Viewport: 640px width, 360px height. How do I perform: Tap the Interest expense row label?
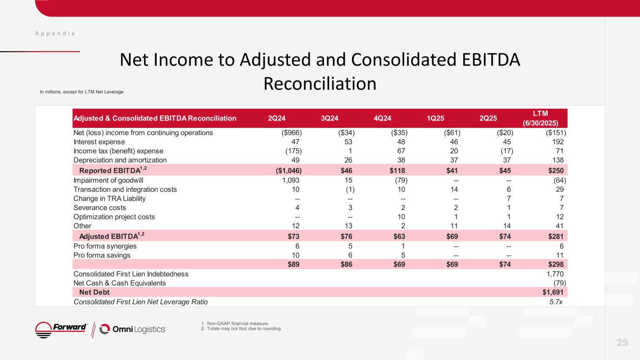[x=99, y=142]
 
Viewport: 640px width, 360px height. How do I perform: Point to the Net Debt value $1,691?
[x=553, y=292]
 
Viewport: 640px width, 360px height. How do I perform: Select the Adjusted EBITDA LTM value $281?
[x=555, y=236]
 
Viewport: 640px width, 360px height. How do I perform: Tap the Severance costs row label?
[x=100, y=208]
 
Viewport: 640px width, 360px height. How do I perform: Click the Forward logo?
[x=62, y=329]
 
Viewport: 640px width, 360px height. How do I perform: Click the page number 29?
[x=622, y=343]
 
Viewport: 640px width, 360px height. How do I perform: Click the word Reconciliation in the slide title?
[x=320, y=83]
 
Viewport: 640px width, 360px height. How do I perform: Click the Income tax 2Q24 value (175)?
[x=294, y=151]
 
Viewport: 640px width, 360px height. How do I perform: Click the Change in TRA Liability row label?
[x=110, y=198]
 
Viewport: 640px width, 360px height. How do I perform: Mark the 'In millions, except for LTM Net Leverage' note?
[x=82, y=91]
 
